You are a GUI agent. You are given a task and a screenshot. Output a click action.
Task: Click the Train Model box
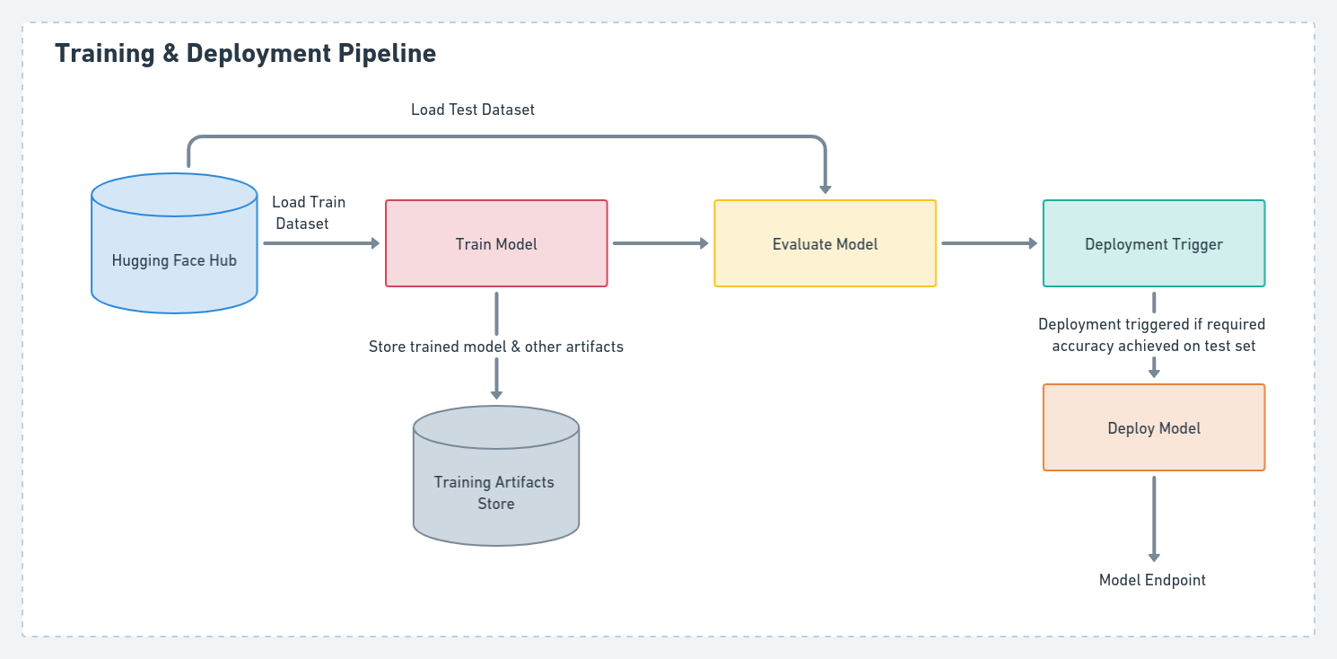[496, 243]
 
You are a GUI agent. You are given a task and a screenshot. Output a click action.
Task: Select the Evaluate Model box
[825, 243]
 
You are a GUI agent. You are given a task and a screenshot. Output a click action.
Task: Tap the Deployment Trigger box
[1153, 243]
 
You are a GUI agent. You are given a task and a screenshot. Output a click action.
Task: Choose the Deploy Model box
[1153, 428]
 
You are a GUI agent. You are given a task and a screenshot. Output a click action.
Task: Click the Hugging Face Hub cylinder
[174, 260]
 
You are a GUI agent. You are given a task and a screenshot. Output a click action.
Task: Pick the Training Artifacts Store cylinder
[495, 492]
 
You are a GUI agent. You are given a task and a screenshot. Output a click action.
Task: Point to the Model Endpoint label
[1153, 581]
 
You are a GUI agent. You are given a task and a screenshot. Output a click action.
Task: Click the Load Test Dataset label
[473, 110]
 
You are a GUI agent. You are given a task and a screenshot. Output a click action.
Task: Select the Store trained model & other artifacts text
[495, 347]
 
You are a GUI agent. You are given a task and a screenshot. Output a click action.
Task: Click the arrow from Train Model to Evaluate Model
[660, 243]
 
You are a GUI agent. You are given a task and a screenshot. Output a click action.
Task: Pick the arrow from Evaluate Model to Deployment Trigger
[988, 243]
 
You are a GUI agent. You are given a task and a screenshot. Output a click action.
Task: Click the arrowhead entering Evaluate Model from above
[825, 188]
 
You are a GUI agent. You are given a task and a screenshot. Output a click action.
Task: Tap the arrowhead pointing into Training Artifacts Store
[495, 393]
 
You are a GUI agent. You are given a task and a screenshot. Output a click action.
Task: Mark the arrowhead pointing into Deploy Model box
[1153, 372]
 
